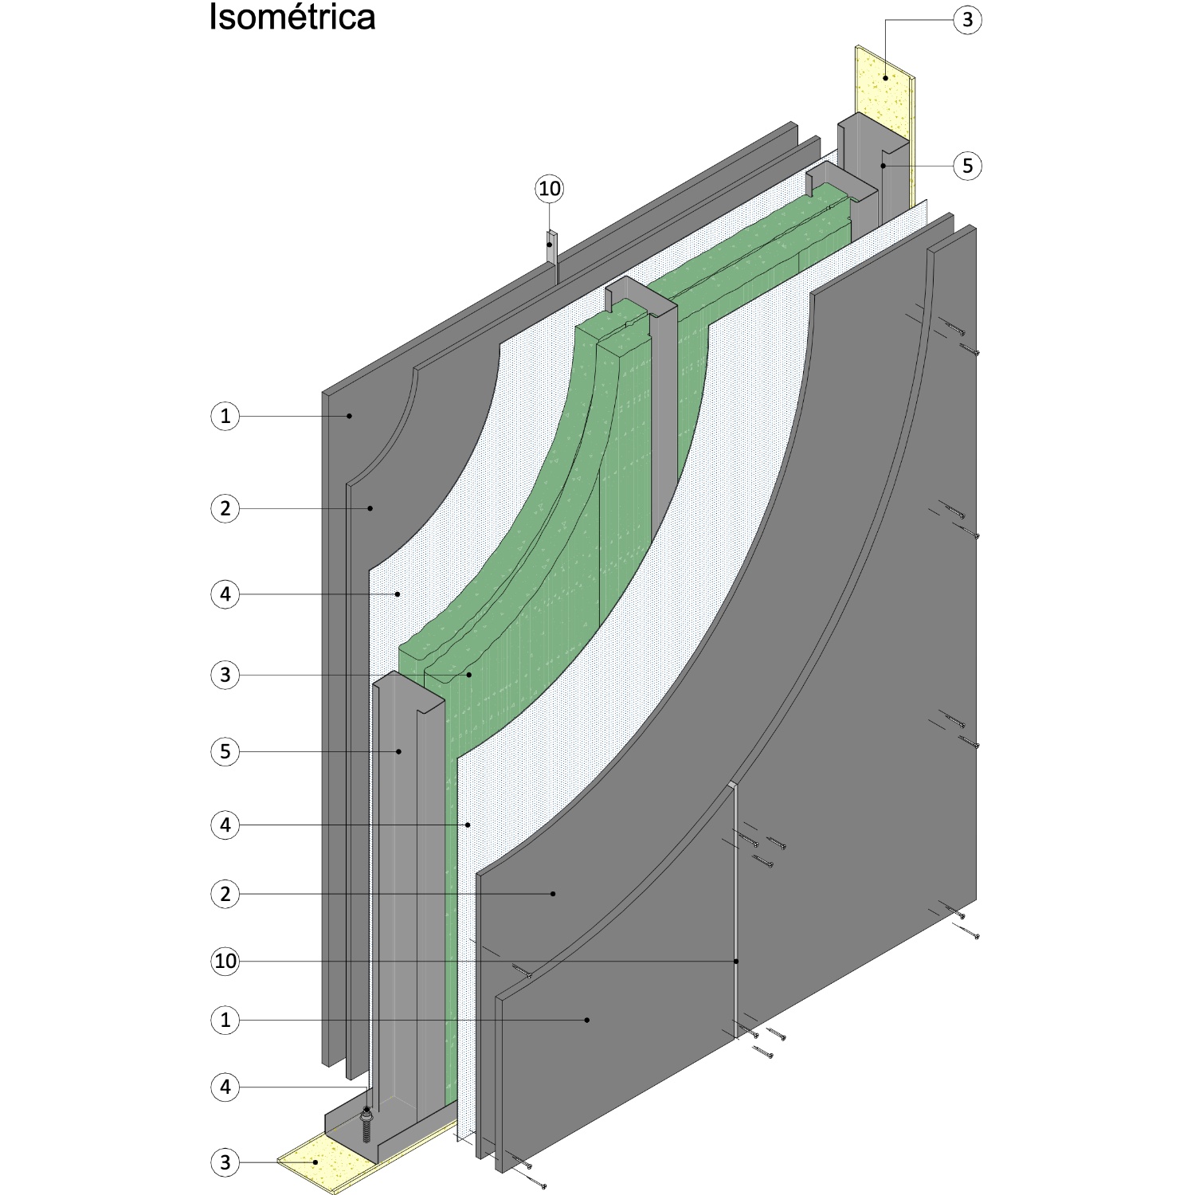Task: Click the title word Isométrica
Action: click(292, 18)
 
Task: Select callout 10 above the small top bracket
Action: click(550, 189)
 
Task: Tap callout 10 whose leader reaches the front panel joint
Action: click(225, 961)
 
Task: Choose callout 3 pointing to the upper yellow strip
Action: click(967, 20)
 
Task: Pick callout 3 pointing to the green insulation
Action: click(225, 675)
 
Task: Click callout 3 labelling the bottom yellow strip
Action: click(225, 1162)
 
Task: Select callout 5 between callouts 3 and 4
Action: click(225, 751)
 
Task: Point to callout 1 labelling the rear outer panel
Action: click(225, 416)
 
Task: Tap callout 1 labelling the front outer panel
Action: click(225, 1020)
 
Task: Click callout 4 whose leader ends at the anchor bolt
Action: click(225, 1087)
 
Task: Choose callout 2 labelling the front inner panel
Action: click(225, 894)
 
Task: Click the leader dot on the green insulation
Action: click(469, 675)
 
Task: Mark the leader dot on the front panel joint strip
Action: click(736, 962)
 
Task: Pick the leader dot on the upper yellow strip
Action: click(885, 77)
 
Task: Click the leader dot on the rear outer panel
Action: click(349, 416)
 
